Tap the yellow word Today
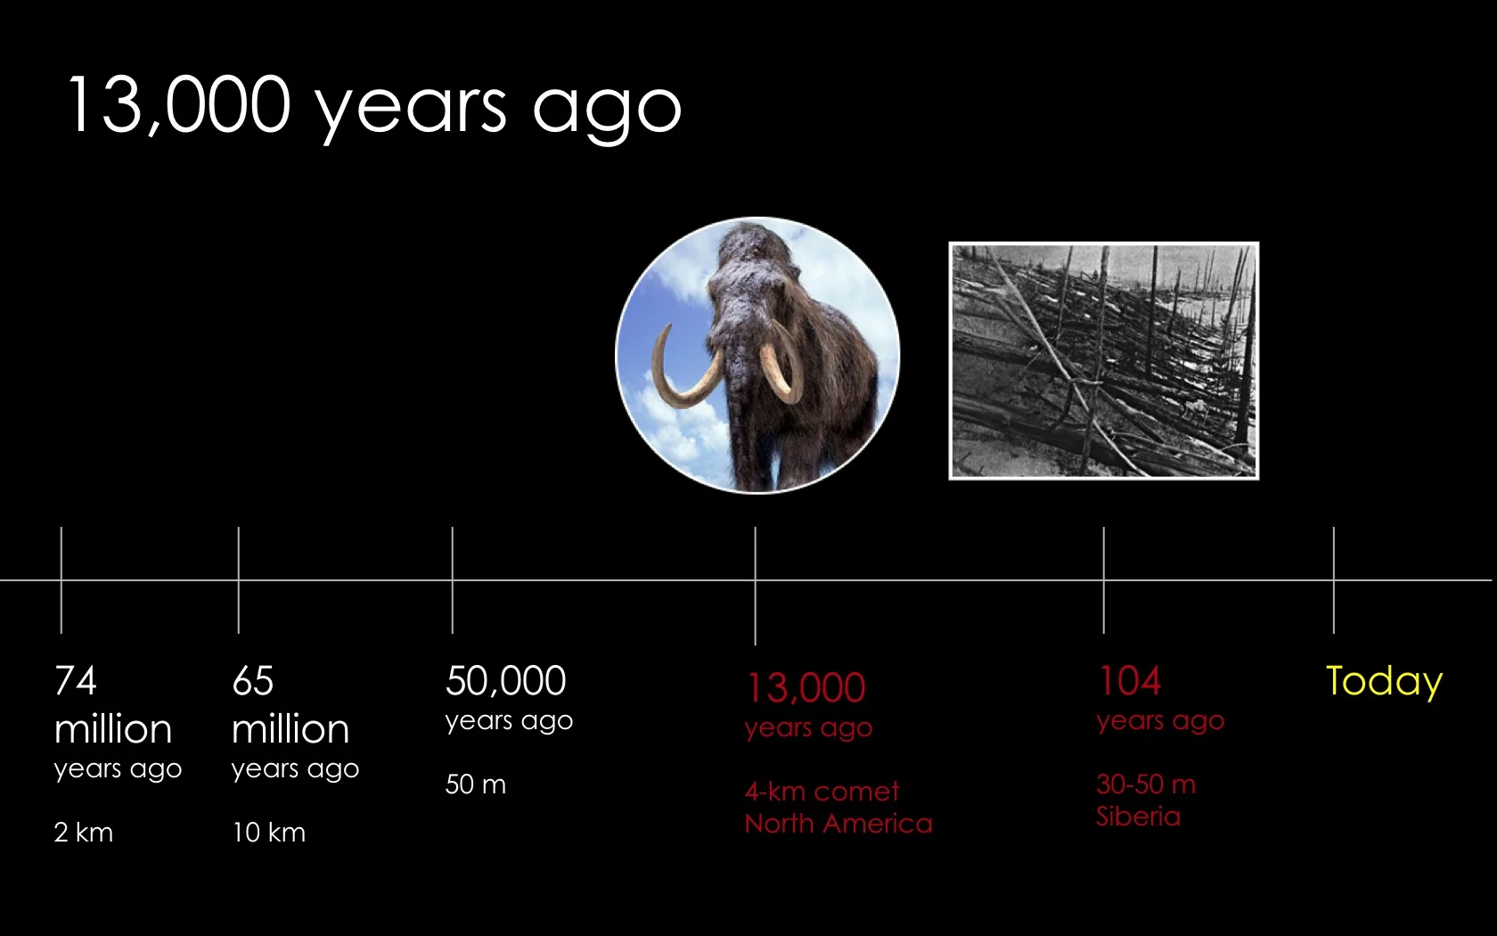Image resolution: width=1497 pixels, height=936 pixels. coord(1384,682)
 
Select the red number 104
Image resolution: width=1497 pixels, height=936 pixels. coord(1130,682)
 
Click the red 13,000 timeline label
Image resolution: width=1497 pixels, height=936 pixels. coord(806,688)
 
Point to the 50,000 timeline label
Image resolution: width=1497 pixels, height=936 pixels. coord(505,682)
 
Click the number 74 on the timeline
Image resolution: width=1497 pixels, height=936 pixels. coord(76,682)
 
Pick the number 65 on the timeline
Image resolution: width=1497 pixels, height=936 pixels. coord(253,682)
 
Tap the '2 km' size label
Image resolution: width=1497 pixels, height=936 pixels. coord(84,833)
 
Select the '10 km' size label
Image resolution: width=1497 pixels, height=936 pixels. coord(268,833)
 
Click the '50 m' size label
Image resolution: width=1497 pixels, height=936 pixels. coord(476,784)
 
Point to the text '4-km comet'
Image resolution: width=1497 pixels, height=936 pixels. coord(822,792)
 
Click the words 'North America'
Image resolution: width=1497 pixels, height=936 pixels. coord(838,824)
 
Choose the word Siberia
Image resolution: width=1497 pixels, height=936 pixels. coord(1138,817)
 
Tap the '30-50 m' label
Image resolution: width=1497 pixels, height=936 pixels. coord(1146,784)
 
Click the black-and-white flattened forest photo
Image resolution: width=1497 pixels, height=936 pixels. coord(1103,361)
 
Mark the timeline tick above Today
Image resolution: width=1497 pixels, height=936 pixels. coord(1334,579)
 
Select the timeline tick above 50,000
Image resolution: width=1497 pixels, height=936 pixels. coord(453,579)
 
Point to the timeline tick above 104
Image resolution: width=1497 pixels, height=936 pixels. coord(1104,579)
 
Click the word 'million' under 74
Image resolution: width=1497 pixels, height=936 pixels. coord(113,730)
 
